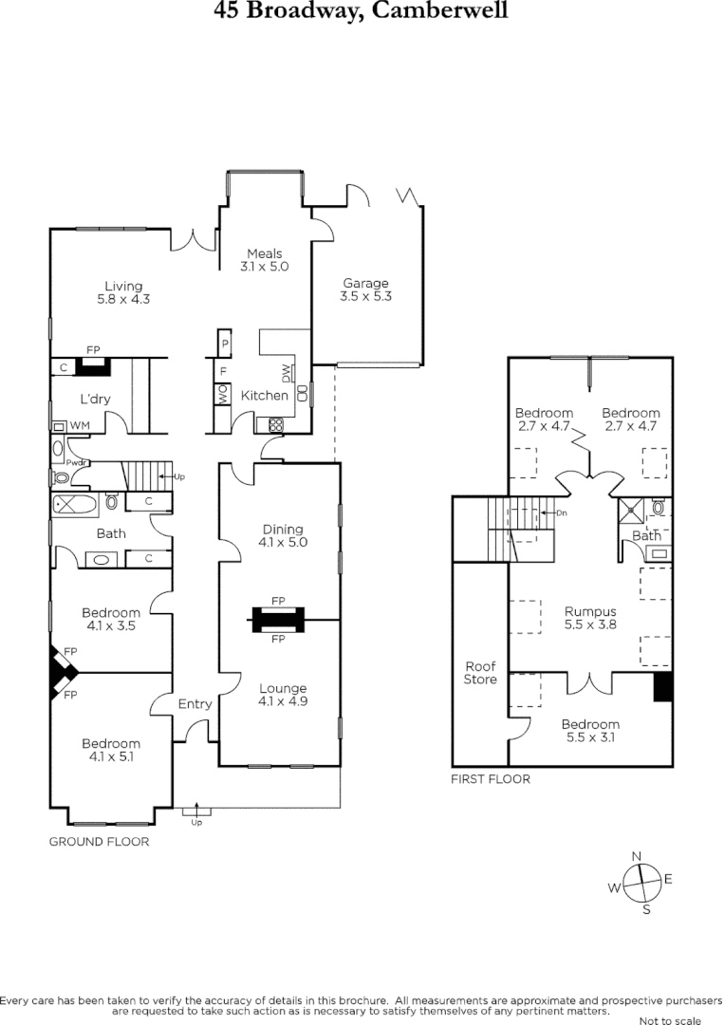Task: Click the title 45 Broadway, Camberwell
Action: point(361,11)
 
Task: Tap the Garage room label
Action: point(366,289)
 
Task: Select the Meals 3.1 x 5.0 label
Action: point(265,260)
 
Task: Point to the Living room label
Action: point(124,292)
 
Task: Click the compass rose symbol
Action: point(642,881)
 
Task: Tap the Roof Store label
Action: point(480,673)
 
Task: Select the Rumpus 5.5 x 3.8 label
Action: point(591,618)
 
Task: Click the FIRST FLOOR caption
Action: point(490,779)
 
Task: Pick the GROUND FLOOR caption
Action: point(99,841)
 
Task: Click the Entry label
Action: point(195,703)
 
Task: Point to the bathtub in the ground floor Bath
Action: point(74,504)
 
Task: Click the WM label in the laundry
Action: point(79,425)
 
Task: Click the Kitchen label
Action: point(264,396)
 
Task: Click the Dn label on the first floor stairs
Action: point(562,512)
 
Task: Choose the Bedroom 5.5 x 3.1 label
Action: point(589,731)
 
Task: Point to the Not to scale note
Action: point(670,1020)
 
